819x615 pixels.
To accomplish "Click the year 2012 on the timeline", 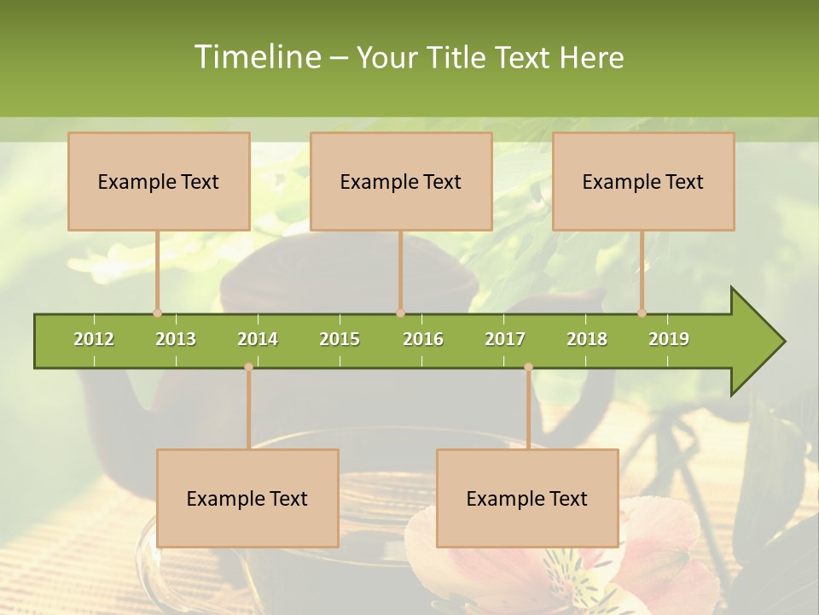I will (94, 339).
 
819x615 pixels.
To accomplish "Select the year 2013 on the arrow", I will (176, 339).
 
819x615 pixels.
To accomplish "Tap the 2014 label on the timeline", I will (258, 339).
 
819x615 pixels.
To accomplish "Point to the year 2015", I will (340, 339).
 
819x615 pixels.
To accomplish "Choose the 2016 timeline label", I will (423, 339).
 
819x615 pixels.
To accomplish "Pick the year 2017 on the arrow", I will (505, 339).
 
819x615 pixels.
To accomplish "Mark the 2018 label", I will (587, 339).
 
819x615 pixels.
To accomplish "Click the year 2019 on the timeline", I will (669, 339).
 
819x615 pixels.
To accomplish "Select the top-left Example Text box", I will (159, 181).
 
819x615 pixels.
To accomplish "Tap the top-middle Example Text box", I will (401, 181).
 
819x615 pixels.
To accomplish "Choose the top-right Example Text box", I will (643, 181).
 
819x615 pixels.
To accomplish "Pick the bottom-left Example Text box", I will (247, 498).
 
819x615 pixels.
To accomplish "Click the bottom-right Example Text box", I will (527, 498).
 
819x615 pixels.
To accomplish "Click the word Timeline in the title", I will (256, 57).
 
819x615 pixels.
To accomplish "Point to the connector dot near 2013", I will (157, 313).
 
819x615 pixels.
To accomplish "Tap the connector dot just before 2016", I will (400, 313).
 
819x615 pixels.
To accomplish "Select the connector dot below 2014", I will (248, 367).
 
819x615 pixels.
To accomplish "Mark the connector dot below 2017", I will (528, 367).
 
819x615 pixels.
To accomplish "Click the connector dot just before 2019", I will (642, 313).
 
